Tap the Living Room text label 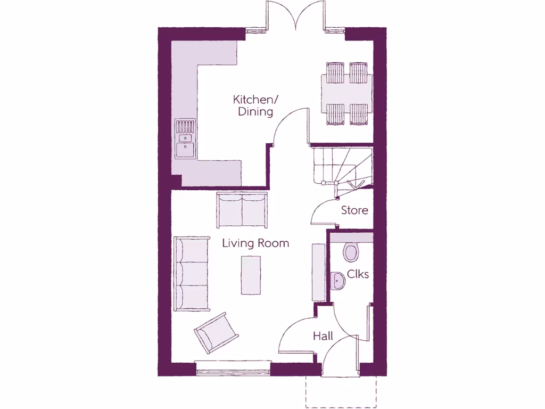[255, 243]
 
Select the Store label [354, 210]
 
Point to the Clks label [358, 274]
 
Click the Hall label [323, 336]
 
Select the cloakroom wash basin [338, 280]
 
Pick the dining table [346, 93]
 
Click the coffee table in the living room [251, 275]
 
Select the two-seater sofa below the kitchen [242, 210]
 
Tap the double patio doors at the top [295, 16]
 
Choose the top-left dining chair [335, 73]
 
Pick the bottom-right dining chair [359, 114]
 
